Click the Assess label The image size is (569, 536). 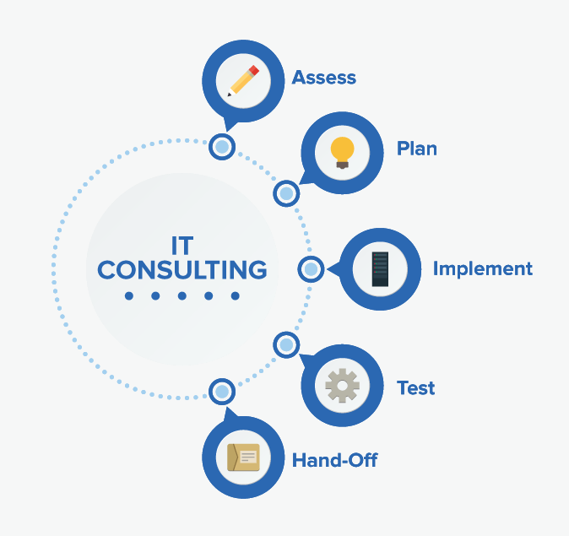[323, 79]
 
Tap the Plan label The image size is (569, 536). [417, 149]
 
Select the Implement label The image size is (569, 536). [482, 269]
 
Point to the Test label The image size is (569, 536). [416, 389]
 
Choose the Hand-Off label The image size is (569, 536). [334, 461]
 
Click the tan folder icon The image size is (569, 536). [243, 457]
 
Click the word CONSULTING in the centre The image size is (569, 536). [182, 270]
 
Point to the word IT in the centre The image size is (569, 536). [181, 246]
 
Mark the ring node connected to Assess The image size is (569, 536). [222, 147]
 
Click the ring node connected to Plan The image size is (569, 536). [286, 194]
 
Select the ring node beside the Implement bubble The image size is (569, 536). [310, 269]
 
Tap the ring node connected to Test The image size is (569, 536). [286, 344]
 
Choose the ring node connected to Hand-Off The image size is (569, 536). [222, 392]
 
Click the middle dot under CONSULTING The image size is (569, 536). [182, 296]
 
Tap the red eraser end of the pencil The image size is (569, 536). [253, 70]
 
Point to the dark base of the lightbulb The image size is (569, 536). [342, 165]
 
